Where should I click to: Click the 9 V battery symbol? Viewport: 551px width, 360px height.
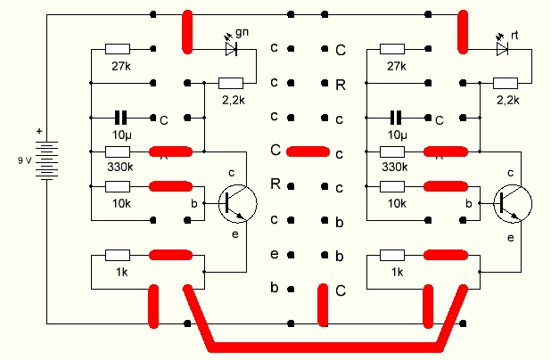pyautogui.click(x=45, y=160)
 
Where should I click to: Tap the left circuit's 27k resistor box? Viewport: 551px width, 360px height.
pyautogui.click(x=118, y=50)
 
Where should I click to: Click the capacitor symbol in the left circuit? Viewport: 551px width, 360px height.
pyautogui.click(x=122, y=117)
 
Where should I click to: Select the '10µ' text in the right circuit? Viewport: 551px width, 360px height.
pyautogui.click(x=398, y=135)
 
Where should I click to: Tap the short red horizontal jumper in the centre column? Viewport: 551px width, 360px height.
pyautogui.click(x=308, y=151)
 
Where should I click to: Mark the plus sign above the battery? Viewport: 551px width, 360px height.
pyautogui.click(x=38, y=130)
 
